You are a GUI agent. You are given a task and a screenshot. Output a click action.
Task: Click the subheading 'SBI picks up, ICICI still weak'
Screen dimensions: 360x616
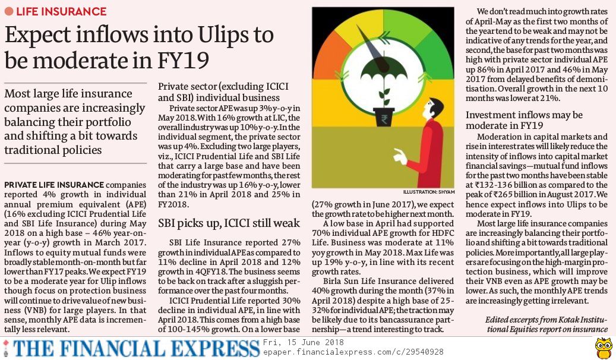click(229, 223)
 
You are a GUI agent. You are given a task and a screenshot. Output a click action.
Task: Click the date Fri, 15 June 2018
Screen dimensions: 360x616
click(303, 343)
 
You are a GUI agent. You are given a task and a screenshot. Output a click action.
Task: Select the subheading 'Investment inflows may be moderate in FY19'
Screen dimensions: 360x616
click(524, 121)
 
